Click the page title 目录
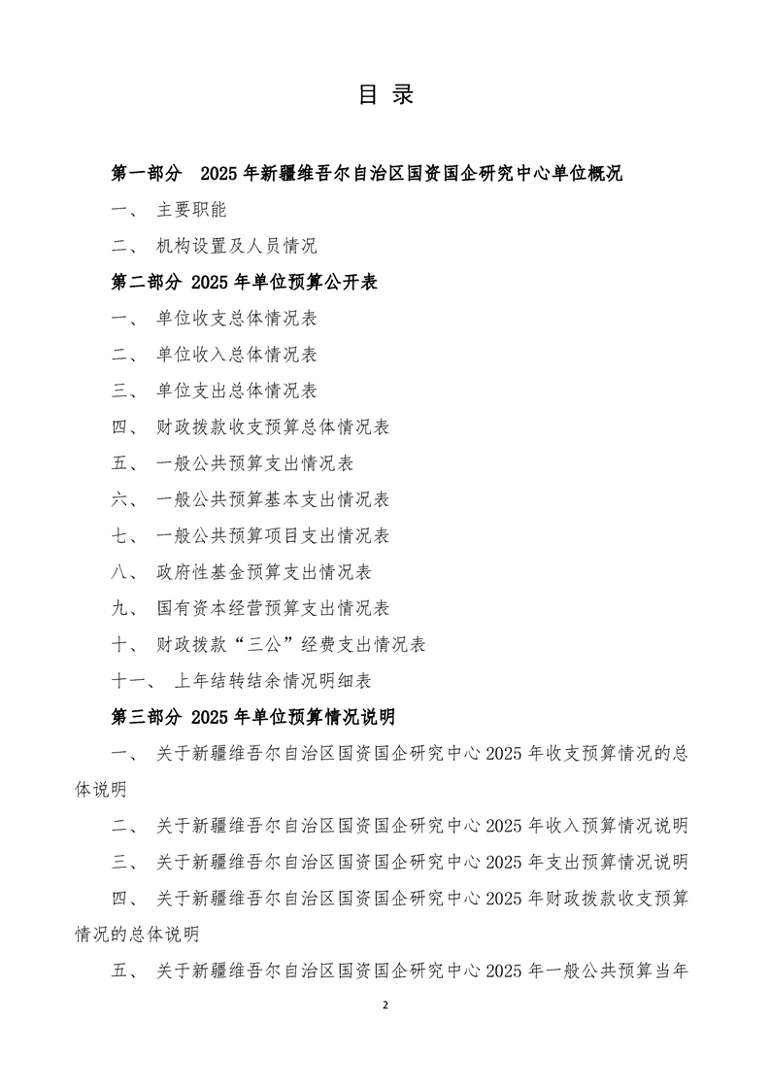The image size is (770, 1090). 385,94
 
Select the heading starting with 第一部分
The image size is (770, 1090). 367,174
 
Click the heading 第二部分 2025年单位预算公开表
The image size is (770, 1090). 245,283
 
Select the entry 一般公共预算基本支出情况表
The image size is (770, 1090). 273,499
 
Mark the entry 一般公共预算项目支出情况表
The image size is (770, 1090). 273,535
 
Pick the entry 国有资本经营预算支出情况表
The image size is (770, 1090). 273,608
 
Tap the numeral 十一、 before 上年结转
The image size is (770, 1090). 132,680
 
